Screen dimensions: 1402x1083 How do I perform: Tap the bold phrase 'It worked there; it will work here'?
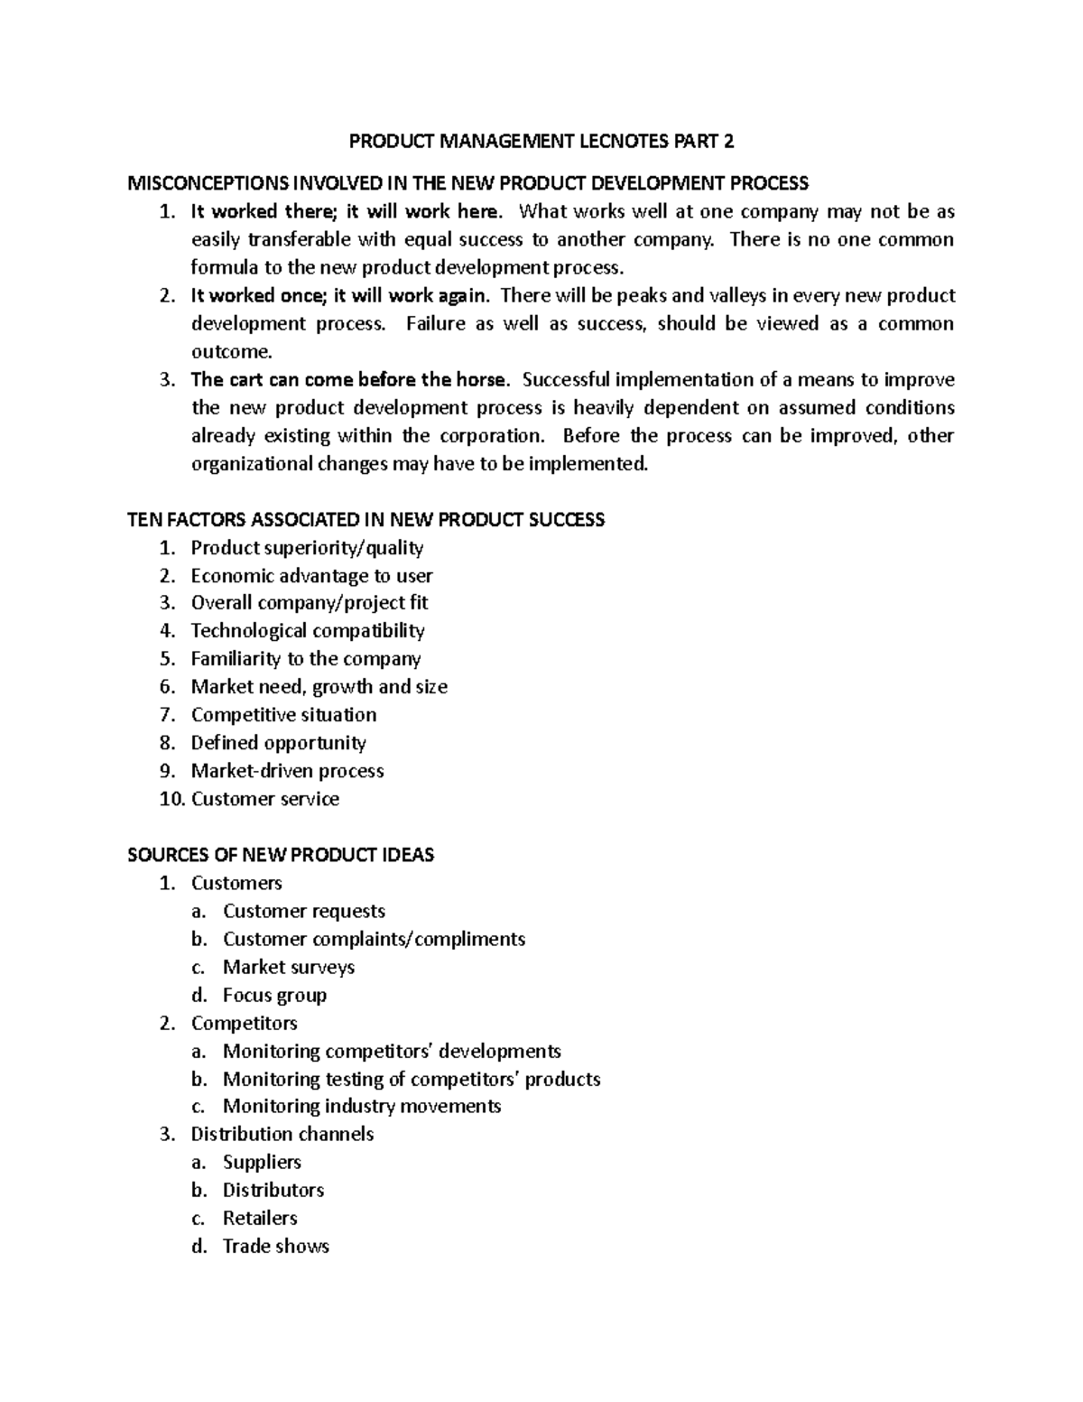pyautogui.click(x=344, y=212)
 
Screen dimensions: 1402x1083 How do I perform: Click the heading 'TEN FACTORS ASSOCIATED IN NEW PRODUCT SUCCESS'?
pyautogui.click(x=366, y=520)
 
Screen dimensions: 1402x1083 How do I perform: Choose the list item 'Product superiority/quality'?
pyautogui.click(x=307, y=548)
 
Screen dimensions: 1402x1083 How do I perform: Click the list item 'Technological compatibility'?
pyautogui.click(x=308, y=631)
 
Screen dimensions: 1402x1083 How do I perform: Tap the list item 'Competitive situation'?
pyautogui.click(x=283, y=715)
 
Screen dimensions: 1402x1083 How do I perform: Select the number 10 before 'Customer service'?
pyautogui.click(x=170, y=799)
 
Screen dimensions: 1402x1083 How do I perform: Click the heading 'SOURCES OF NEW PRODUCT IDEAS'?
pyautogui.click(x=281, y=855)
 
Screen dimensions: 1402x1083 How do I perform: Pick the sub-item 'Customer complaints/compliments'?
pyautogui.click(x=374, y=939)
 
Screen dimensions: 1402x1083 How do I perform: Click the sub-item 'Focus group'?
pyautogui.click(x=274, y=995)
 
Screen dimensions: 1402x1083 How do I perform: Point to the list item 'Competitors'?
pyautogui.click(x=244, y=1023)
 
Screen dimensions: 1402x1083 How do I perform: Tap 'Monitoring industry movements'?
pyautogui.click(x=362, y=1107)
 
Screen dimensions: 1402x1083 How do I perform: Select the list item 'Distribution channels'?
pyautogui.click(x=282, y=1134)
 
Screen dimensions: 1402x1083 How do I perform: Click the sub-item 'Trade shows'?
pyautogui.click(x=275, y=1247)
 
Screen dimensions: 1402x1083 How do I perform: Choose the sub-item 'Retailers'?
pyautogui.click(x=260, y=1219)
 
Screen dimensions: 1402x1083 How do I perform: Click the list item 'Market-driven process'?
pyautogui.click(x=287, y=771)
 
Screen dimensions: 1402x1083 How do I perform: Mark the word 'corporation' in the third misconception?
pyautogui.click(x=492, y=436)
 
